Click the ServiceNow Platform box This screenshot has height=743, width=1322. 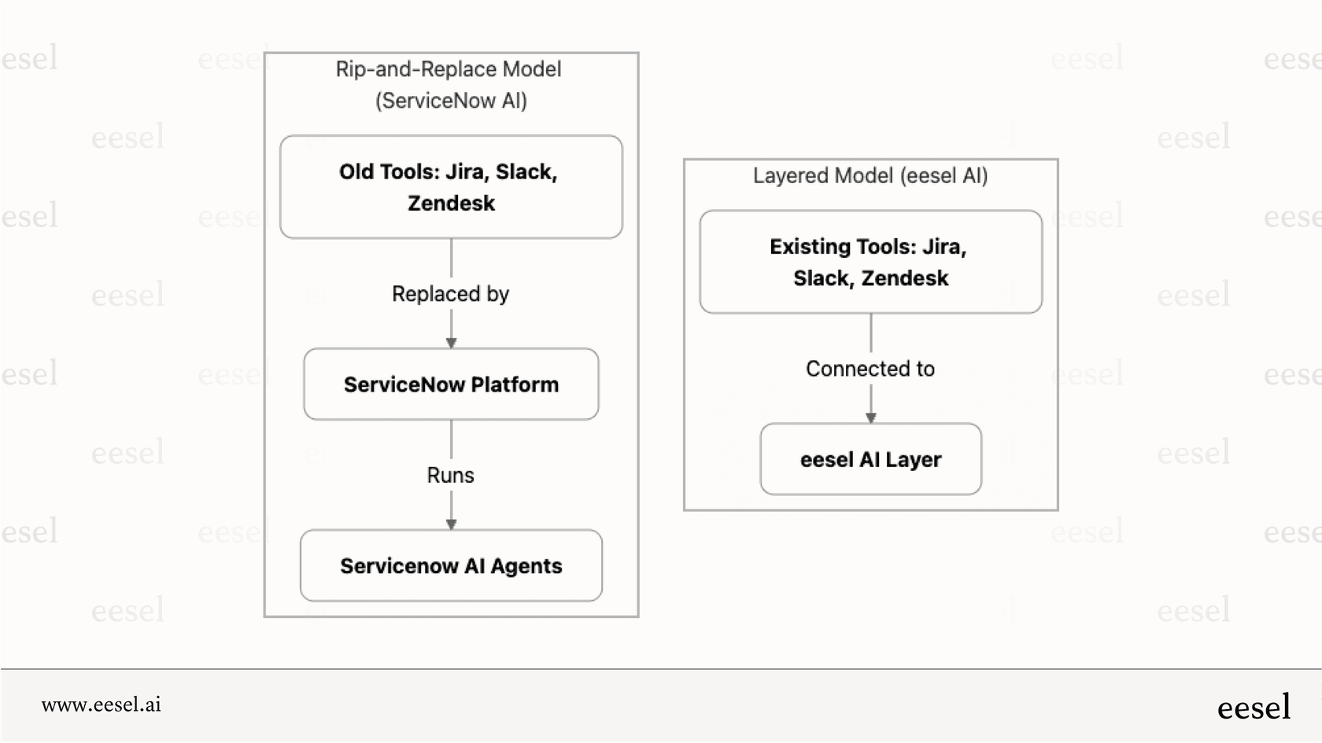point(451,384)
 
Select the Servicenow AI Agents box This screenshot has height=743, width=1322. point(451,566)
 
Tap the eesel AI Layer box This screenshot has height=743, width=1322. point(870,460)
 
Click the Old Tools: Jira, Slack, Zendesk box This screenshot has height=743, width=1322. point(451,187)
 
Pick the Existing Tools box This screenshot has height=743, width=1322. point(870,262)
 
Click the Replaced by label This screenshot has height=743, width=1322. point(450,294)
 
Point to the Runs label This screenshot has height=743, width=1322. point(450,476)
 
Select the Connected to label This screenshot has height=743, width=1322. point(870,369)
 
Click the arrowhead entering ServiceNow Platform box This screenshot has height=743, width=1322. point(451,343)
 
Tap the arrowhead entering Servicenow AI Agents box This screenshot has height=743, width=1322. point(451,524)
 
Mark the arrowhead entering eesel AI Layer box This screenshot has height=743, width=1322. point(870,418)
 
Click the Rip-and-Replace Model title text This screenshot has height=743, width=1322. point(449,69)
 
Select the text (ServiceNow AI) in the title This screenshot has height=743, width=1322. point(451,101)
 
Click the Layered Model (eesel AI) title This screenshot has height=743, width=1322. point(870,175)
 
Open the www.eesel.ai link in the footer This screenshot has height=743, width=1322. point(101,704)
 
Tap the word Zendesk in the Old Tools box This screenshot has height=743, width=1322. point(451,204)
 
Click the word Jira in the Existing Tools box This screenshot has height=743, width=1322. point(943,247)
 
